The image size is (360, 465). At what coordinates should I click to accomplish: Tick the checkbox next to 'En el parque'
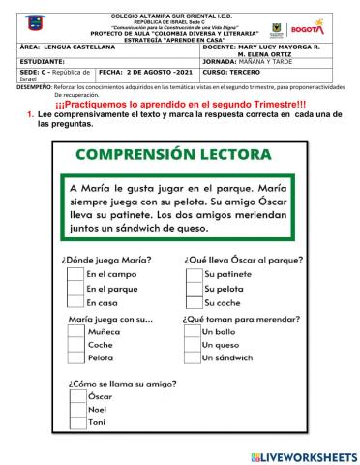coord(75,289)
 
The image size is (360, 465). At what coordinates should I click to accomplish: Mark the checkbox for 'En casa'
coord(75,303)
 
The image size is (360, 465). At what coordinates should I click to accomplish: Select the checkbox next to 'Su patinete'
coord(194,275)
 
